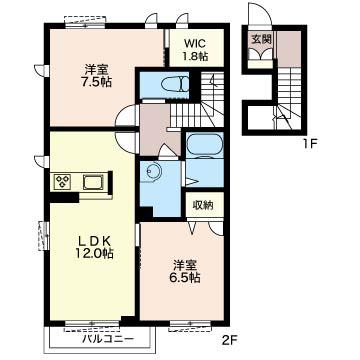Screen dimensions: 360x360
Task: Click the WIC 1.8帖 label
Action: pos(196,50)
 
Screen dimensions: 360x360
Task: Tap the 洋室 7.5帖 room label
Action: pos(97,76)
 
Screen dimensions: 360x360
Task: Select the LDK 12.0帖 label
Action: pos(94,247)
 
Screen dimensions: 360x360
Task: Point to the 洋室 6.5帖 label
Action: pos(186,271)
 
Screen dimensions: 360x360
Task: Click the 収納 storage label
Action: pos(204,205)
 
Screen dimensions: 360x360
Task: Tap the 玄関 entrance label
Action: pos(261,39)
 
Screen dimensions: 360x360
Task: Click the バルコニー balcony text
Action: pos(108,340)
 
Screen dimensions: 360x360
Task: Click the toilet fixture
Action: pos(175,83)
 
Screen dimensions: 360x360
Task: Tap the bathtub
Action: pos(204,145)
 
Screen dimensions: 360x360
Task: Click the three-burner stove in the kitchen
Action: pos(62,182)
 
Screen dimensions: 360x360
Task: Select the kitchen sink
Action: pos(92,182)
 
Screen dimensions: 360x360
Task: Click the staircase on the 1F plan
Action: pos(287,97)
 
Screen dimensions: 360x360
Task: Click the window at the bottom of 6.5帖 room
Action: pos(190,324)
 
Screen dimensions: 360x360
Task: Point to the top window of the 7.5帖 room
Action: pos(85,21)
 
